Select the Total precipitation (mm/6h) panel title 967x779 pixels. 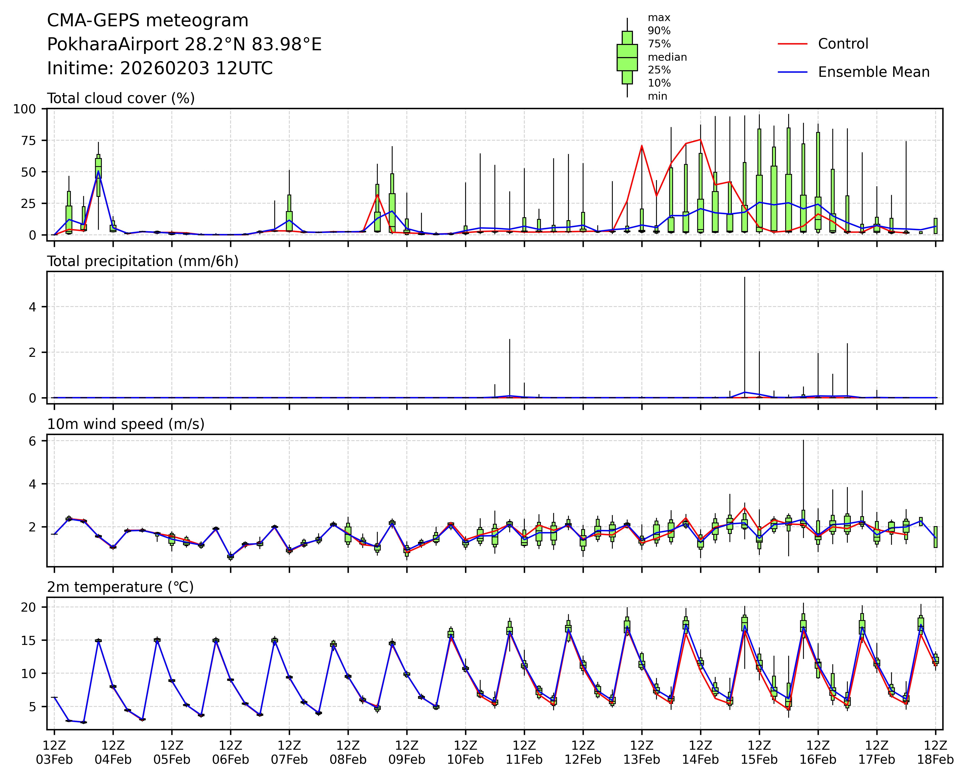pyautogui.click(x=143, y=261)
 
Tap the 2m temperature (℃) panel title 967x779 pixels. pyautogui.click(x=120, y=587)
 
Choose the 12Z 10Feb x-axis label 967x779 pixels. pyautogui.click(x=465, y=752)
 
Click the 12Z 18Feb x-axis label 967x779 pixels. pyautogui.click(x=935, y=752)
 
